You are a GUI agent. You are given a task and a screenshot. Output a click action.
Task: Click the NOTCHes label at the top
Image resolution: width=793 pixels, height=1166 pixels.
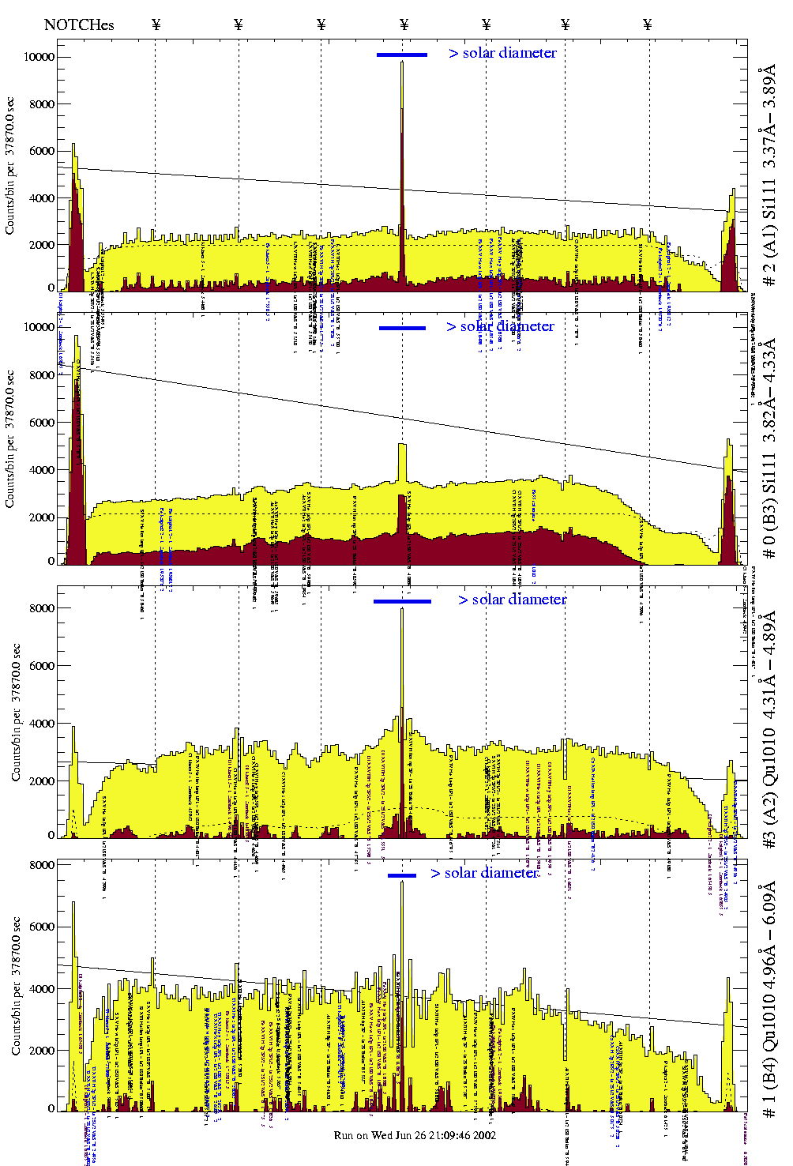pos(79,24)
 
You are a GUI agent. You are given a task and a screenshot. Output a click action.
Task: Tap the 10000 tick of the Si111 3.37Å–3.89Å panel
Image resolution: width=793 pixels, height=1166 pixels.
pos(39,57)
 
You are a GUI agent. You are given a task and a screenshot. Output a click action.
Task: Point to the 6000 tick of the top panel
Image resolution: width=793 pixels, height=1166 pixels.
pos(42,151)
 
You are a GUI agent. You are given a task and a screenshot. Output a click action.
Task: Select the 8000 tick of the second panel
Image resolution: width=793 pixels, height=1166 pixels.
pos(42,375)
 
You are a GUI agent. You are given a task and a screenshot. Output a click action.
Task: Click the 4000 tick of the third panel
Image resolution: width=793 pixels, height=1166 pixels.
pos(42,724)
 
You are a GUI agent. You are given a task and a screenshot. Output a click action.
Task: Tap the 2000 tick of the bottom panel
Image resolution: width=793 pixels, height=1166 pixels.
pos(42,1051)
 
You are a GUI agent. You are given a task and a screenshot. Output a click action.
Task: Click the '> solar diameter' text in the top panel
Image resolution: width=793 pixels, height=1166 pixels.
pos(503,53)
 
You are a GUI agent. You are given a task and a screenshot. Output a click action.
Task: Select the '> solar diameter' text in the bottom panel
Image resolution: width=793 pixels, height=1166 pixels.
pos(485,873)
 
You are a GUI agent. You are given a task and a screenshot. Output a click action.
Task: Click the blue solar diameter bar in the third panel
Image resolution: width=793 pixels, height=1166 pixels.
pos(402,601)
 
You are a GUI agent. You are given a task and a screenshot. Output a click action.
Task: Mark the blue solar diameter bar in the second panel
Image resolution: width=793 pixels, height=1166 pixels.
pos(402,328)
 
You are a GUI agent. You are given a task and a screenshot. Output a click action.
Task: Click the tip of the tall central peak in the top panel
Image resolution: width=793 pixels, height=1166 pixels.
pos(402,62)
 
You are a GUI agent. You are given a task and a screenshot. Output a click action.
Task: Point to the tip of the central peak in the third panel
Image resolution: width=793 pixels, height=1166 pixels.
pos(402,609)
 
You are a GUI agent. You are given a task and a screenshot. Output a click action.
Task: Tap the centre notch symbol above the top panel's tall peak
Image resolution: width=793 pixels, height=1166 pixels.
pos(404,24)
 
